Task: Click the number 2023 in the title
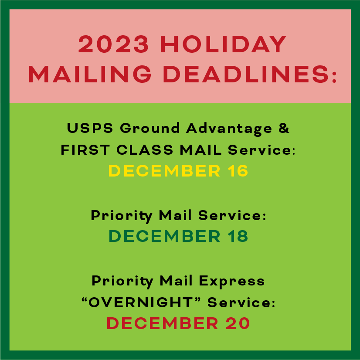113,44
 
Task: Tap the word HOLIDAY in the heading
223,44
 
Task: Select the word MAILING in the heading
90,74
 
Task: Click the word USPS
90,128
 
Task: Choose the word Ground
149,128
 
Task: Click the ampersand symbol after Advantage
284,128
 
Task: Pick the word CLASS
145,150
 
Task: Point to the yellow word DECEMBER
164,170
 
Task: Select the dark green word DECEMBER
164,236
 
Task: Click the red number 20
238,323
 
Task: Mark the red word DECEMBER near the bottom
162,323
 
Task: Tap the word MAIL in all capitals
200,150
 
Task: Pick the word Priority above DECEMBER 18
122,216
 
